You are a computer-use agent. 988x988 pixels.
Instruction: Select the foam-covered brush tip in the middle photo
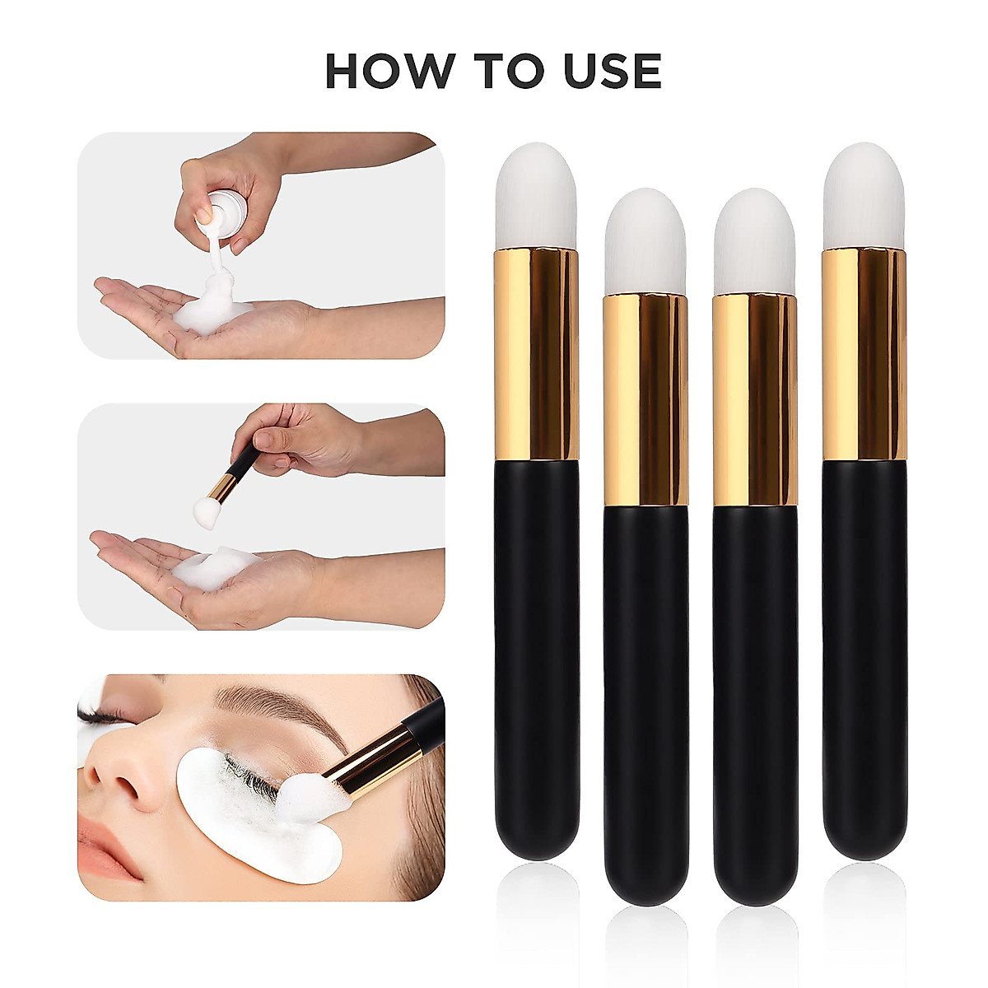(206, 510)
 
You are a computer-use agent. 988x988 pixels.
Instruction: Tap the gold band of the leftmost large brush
(536, 354)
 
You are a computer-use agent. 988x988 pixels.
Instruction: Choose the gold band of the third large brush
(754, 399)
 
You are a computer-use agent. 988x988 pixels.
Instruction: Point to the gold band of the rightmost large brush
(864, 354)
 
